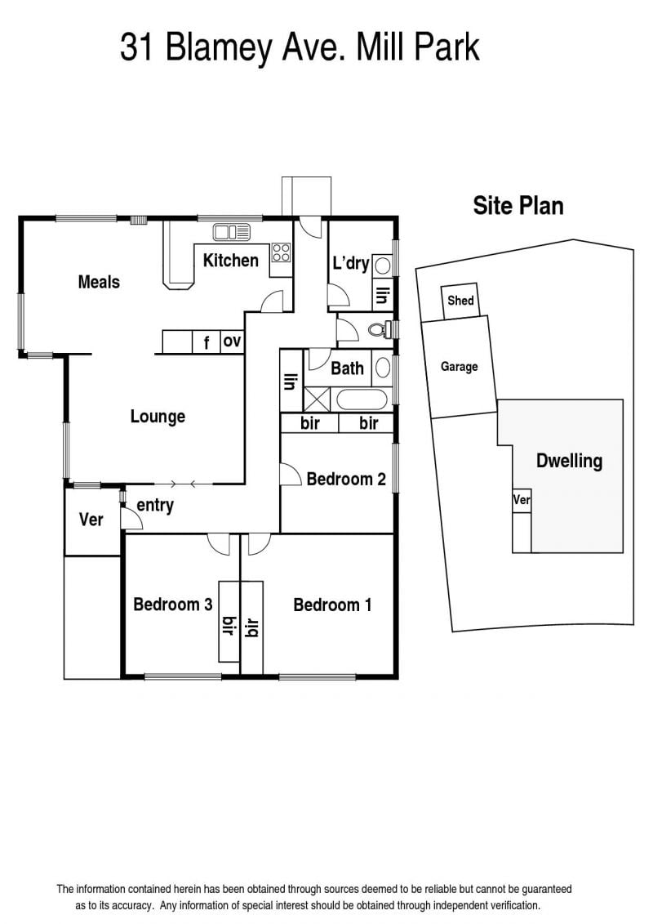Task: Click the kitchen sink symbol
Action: coord(231,231)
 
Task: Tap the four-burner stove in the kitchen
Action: coord(281,252)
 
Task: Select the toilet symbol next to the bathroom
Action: coord(380,328)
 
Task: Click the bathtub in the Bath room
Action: coord(362,399)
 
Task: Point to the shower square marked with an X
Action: coord(316,399)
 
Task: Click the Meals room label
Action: coord(99,282)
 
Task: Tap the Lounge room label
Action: coord(158,417)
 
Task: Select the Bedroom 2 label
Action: coord(346,479)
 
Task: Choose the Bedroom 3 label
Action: coord(172,604)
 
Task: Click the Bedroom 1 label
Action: coord(333,605)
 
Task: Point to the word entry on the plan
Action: coord(155,506)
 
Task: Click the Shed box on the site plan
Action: coord(460,301)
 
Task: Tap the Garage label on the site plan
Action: coord(460,367)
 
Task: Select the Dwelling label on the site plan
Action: coord(570,460)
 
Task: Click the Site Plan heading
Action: coord(518,206)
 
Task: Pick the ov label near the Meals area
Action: coord(232,341)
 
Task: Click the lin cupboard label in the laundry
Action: coord(382,295)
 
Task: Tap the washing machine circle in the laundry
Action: coord(382,266)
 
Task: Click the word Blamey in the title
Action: coord(219,48)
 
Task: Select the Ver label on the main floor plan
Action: coord(91,519)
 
